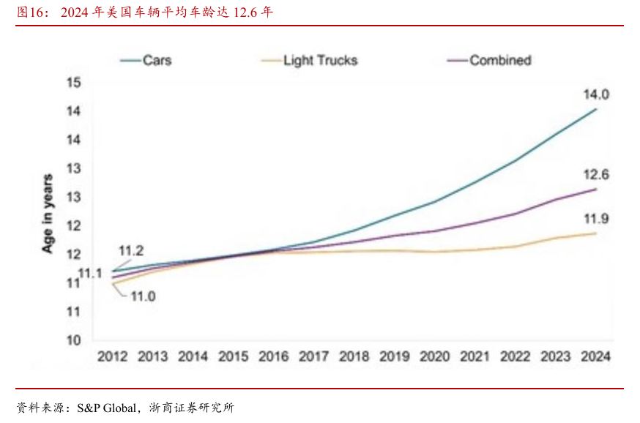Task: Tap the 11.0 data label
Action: pos(143,296)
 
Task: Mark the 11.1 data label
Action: pos(90,273)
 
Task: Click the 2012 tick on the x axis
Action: pos(112,357)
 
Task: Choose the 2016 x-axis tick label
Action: pos(273,357)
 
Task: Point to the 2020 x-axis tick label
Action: pos(434,357)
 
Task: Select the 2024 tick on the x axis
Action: pos(595,357)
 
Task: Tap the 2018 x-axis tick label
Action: pos(354,357)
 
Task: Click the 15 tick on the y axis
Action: pos(73,82)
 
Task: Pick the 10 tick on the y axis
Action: pos(73,340)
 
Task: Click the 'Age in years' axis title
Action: pos(48,214)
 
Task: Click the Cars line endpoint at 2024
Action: pos(597,109)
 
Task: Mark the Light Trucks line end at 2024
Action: pos(597,233)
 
